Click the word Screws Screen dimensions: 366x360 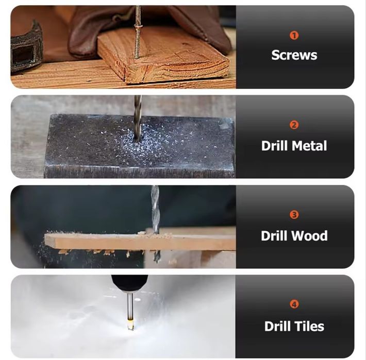point(294,55)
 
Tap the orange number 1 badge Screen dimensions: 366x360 point(294,36)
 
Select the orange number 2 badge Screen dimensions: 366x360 point(294,125)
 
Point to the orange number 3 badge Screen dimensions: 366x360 point(294,215)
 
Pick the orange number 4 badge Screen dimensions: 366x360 point(294,304)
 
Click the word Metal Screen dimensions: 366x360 point(309,146)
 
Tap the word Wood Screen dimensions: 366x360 point(311,235)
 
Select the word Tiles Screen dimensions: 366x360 point(310,326)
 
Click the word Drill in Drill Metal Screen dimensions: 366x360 point(275,146)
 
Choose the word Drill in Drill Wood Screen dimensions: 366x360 point(275,235)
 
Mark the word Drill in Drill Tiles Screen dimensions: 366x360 point(278,326)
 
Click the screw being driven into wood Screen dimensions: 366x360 point(138,32)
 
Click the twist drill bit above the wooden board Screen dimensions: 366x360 point(155,209)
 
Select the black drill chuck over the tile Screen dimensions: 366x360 point(129,284)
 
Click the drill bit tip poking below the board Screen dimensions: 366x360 point(156,256)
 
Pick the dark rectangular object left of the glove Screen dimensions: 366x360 point(26,48)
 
